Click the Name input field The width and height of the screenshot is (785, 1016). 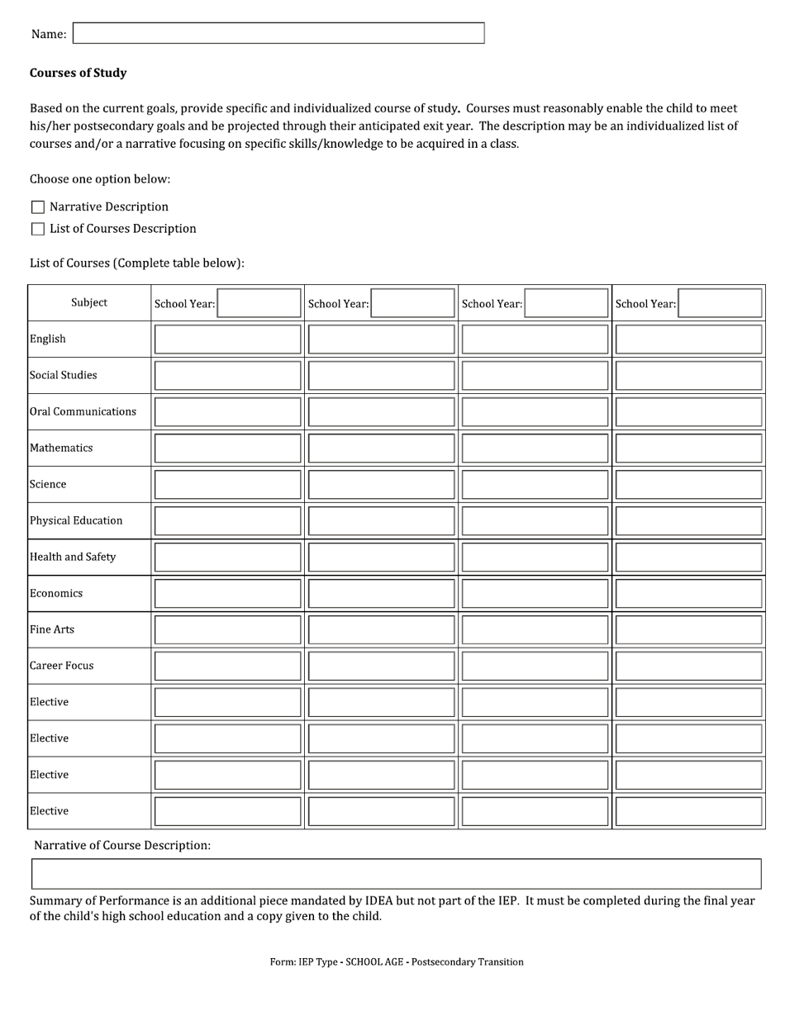click(x=278, y=33)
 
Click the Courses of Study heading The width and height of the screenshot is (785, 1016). click(x=78, y=73)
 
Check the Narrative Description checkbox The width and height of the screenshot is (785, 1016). click(x=38, y=207)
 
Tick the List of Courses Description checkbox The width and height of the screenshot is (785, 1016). click(x=38, y=229)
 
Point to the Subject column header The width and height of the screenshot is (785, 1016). click(x=89, y=302)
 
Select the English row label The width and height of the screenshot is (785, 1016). click(x=48, y=339)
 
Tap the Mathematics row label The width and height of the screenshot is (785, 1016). click(x=61, y=448)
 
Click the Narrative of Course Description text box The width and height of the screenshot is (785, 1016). click(x=396, y=873)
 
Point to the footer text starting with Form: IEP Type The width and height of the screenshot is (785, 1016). click(x=396, y=961)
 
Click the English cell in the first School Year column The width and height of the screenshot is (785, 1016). click(x=227, y=339)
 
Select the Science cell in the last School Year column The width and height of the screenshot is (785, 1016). click(x=688, y=485)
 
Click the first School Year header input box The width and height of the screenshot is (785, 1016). click(x=259, y=303)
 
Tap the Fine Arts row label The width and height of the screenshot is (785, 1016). click(x=52, y=629)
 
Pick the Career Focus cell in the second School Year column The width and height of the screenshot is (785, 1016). click(x=381, y=666)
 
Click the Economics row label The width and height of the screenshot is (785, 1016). click(x=56, y=593)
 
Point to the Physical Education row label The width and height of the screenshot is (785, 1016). click(x=76, y=520)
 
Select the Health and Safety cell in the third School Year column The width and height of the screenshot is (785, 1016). click(x=535, y=558)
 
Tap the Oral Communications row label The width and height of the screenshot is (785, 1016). click(x=83, y=411)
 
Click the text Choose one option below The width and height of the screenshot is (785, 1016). click(x=100, y=179)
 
